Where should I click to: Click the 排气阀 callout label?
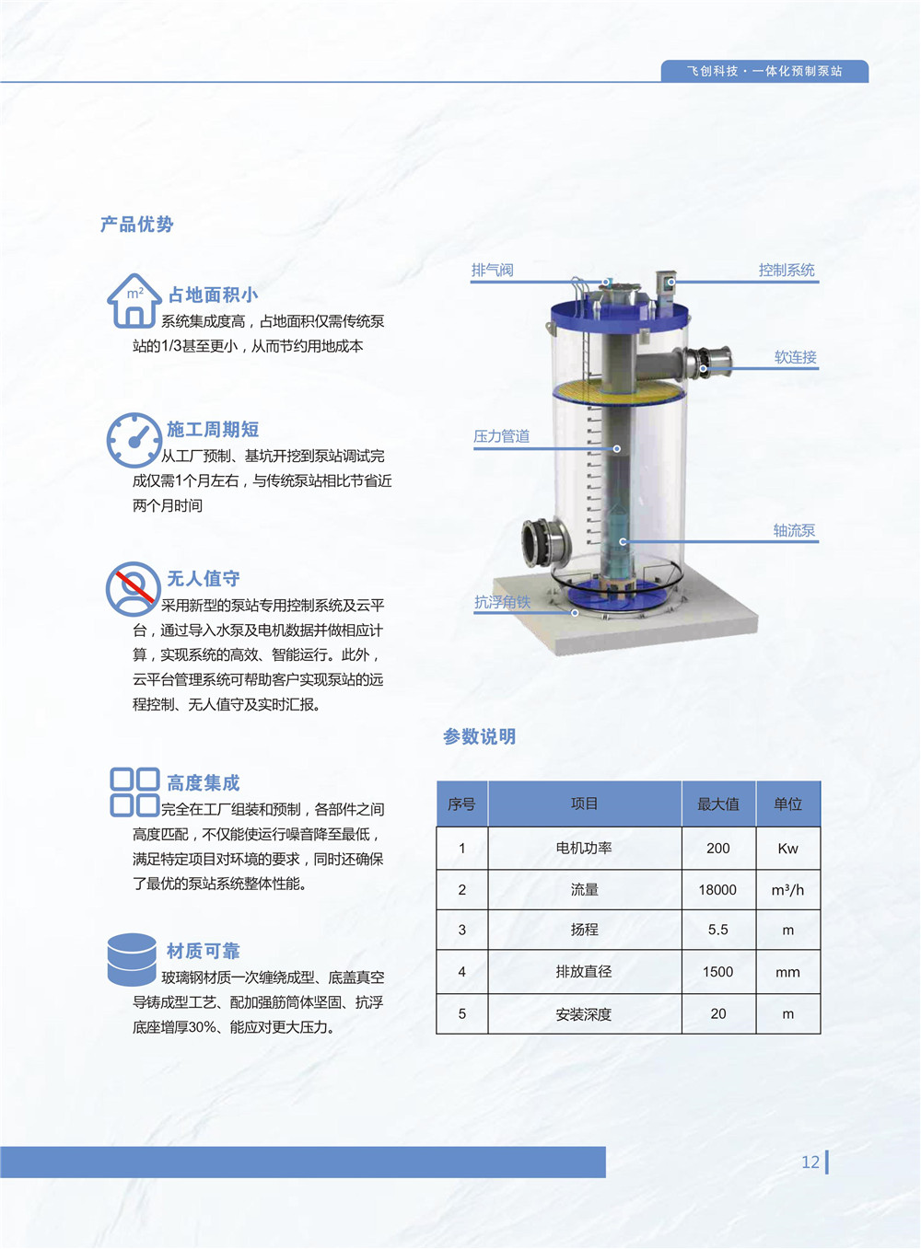click(x=492, y=271)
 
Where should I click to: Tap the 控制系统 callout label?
click(x=787, y=271)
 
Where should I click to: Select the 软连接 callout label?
click(x=796, y=357)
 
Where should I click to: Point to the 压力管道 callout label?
click(x=502, y=436)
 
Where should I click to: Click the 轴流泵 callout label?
click(x=795, y=530)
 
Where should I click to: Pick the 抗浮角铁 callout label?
click(x=502, y=602)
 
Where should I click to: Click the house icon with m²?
click(x=134, y=300)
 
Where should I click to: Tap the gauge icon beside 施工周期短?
click(x=134, y=440)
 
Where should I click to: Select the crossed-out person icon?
click(x=134, y=589)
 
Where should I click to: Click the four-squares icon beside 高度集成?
click(x=134, y=792)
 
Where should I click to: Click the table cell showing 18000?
click(x=718, y=890)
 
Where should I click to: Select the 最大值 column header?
click(x=718, y=804)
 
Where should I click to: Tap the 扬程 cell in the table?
click(x=585, y=930)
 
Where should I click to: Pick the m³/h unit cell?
click(x=787, y=890)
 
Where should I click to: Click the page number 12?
click(x=810, y=1162)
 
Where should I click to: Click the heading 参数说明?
click(x=480, y=736)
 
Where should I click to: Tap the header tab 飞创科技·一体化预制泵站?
click(x=764, y=72)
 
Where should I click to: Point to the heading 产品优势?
click(x=136, y=225)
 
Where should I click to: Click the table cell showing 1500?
click(x=718, y=972)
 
